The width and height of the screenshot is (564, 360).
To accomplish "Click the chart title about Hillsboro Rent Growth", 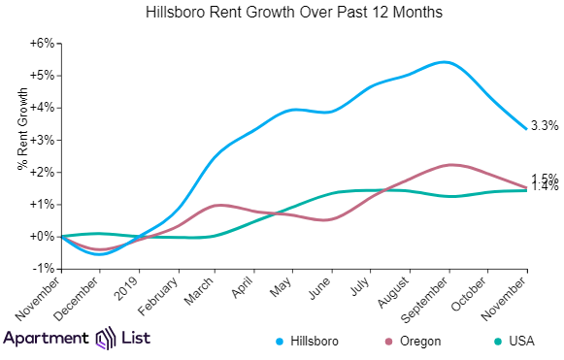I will tap(281, 14).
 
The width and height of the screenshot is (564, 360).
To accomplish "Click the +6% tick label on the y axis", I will tap(42, 44).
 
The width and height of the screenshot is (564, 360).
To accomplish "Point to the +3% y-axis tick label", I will tap(42, 140).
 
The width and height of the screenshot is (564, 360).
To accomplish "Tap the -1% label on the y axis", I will tap(44, 268).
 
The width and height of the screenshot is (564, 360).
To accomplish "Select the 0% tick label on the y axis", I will tap(45, 236).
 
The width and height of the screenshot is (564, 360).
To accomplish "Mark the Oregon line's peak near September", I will tap(448, 165).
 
